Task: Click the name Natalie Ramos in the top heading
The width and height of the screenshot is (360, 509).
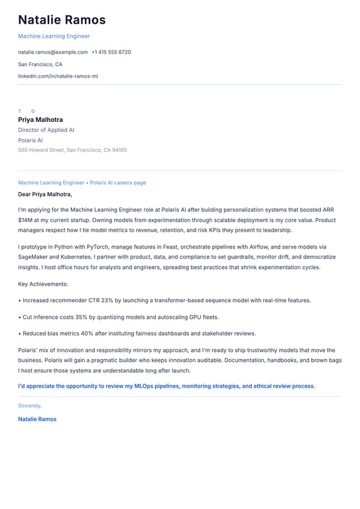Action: coord(62,21)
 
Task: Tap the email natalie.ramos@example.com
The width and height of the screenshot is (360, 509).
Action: coord(53,52)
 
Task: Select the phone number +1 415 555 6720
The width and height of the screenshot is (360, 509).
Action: coord(111,52)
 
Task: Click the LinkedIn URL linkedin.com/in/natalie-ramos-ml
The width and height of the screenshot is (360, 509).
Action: coord(58,76)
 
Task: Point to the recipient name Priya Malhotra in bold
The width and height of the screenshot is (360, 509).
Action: coord(40,120)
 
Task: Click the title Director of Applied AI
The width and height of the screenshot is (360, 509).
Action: coord(46,131)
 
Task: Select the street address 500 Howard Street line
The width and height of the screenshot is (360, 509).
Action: coord(72,150)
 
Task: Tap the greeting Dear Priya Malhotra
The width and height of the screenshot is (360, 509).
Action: coord(45,194)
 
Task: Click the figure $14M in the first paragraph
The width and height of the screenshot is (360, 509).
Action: coord(25,220)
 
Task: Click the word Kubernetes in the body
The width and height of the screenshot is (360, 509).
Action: coord(79,256)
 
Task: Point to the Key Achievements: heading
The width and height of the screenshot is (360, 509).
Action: coord(43,284)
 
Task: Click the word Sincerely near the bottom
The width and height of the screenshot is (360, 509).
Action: coord(30,406)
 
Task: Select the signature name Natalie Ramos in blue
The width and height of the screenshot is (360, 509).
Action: coord(37,419)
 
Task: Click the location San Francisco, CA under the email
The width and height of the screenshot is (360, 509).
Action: coord(40,64)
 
